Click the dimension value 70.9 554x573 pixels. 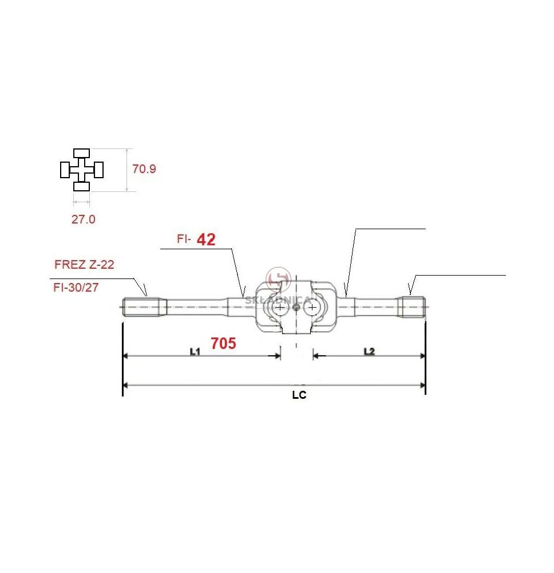point(144,169)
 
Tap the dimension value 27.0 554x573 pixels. point(83,219)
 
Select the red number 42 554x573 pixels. point(206,240)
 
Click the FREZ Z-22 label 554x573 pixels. point(84,264)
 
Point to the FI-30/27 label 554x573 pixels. point(76,287)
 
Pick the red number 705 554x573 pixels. point(223,343)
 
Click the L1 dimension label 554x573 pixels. point(195,352)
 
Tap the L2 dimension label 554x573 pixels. point(369,352)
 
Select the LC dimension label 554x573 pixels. point(299,395)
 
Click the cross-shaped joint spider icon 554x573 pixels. point(82,170)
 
